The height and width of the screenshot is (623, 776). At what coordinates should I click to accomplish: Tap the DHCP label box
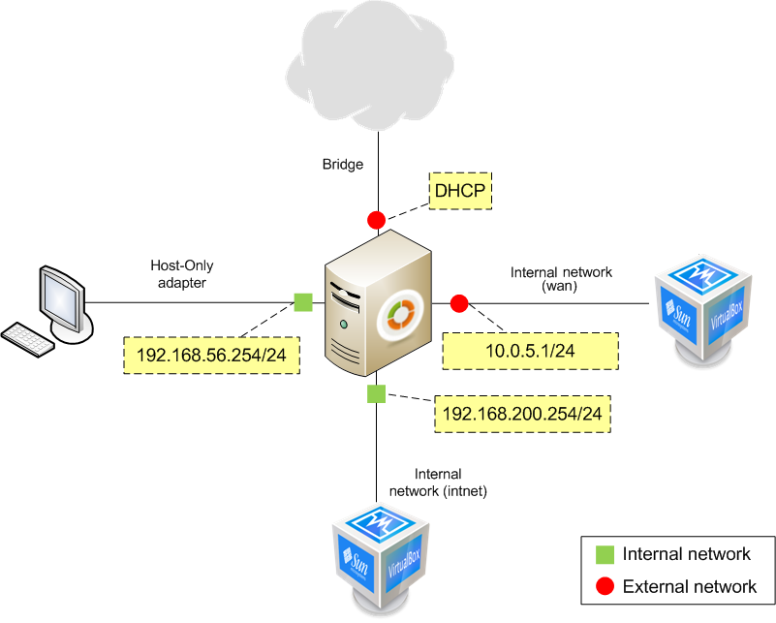pyautogui.click(x=460, y=190)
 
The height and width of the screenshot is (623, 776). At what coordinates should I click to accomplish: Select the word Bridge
pyautogui.click(x=343, y=165)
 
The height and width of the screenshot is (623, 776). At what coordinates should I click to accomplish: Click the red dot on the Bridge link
pyautogui.click(x=376, y=220)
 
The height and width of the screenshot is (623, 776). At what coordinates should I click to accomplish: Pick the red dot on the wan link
pyautogui.click(x=459, y=303)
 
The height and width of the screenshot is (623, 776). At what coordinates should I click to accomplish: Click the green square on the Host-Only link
pyautogui.click(x=303, y=302)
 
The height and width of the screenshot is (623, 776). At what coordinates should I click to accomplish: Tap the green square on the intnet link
pyautogui.click(x=376, y=393)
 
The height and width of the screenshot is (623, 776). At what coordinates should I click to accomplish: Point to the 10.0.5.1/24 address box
pyautogui.click(x=530, y=351)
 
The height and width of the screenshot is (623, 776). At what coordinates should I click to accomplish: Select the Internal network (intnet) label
pyautogui.click(x=438, y=483)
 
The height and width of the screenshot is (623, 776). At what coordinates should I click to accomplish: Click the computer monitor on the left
pyautogui.click(x=61, y=297)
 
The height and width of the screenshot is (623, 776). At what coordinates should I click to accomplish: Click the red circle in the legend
pyautogui.click(x=605, y=586)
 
